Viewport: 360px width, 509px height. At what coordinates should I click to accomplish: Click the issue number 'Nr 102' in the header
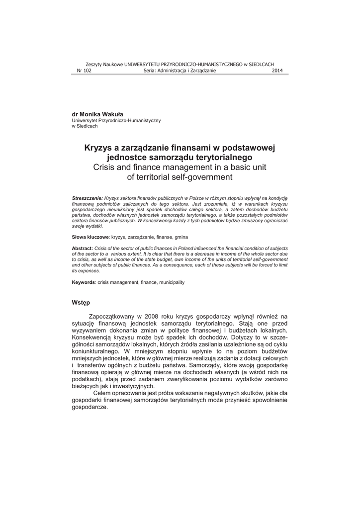(x=84, y=71)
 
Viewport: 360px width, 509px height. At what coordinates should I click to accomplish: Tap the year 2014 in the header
(x=277, y=71)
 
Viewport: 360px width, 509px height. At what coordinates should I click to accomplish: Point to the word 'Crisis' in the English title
(x=106, y=167)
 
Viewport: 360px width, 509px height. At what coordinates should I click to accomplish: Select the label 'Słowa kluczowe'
(x=90, y=237)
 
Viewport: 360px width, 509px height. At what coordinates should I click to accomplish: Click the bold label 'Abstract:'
(x=83, y=247)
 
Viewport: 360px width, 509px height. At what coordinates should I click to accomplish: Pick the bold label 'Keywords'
(x=84, y=282)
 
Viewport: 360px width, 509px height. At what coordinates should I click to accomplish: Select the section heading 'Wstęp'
(x=81, y=302)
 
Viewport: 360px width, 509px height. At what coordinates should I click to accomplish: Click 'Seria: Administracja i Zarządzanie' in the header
(x=180, y=71)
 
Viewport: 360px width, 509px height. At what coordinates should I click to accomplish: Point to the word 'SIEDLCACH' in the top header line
(x=262, y=64)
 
